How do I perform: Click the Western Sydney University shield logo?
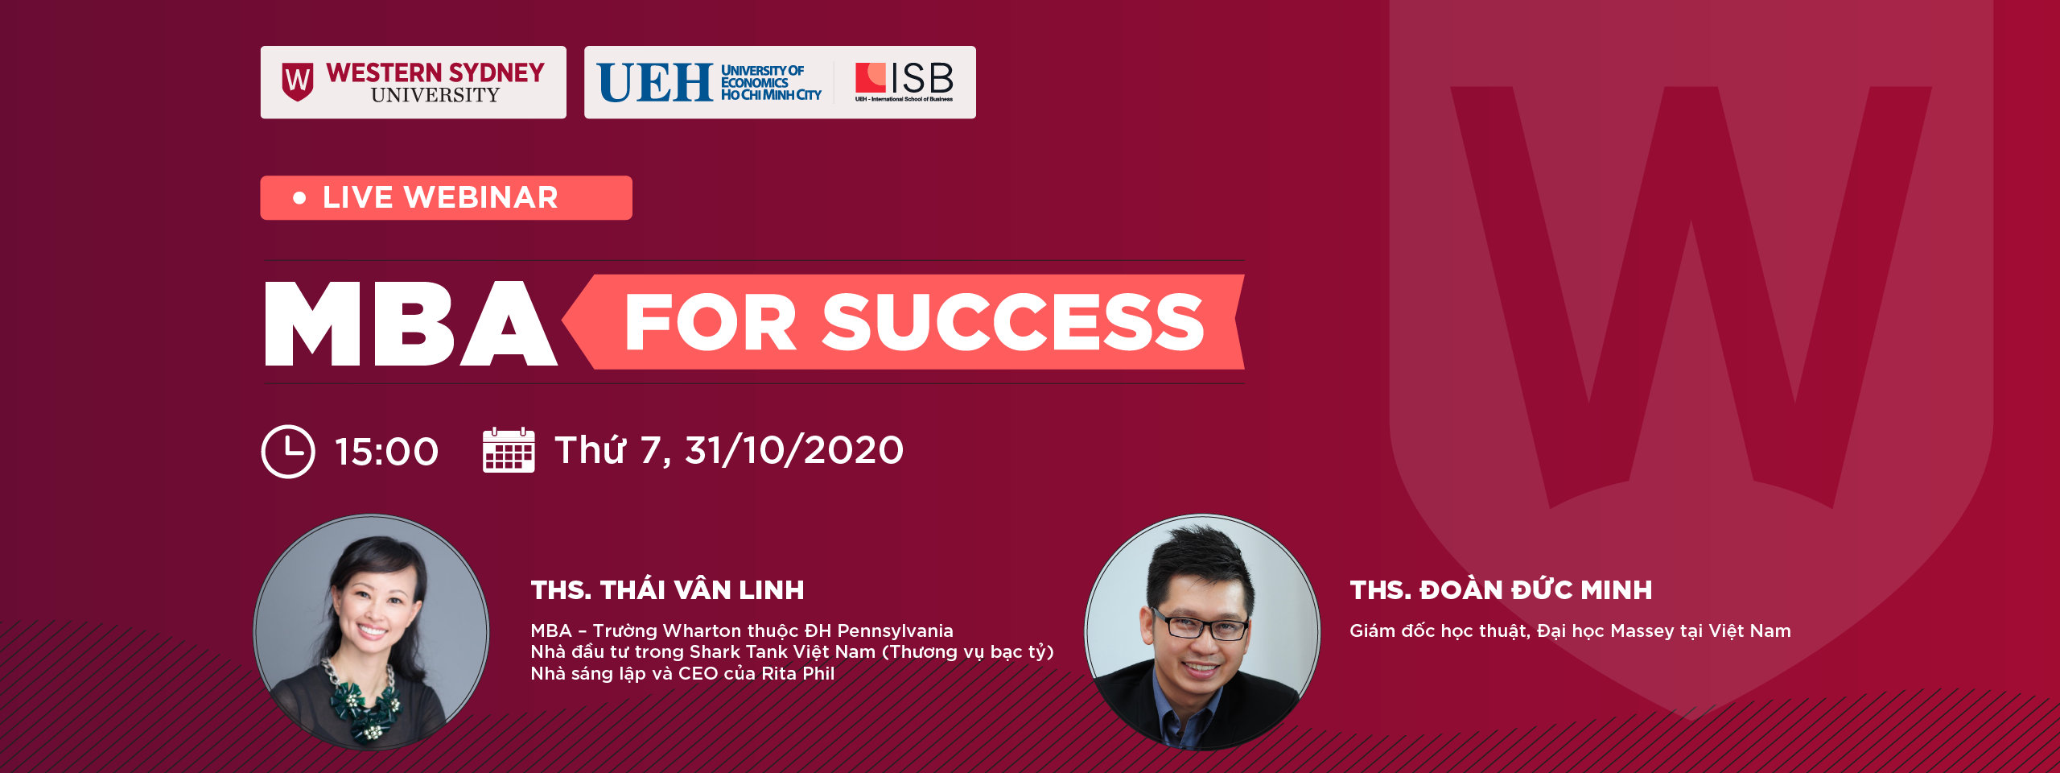tap(298, 82)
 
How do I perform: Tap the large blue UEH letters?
tap(655, 83)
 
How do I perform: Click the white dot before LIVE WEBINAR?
tap(299, 197)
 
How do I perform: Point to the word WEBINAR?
tap(481, 197)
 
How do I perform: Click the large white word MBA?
tap(410, 324)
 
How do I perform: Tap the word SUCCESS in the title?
tap(1013, 322)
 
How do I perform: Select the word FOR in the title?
tap(711, 322)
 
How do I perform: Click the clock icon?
tap(288, 452)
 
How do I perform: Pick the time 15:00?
tap(387, 452)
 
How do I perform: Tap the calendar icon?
tap(509, 450)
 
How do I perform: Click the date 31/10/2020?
tap(794, 450)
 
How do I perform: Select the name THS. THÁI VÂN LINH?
tap(667, 590)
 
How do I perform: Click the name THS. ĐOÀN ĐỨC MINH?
tap(1501, 590)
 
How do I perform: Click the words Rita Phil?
tap(798, 673)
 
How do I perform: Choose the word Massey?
tap(1642, 630)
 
